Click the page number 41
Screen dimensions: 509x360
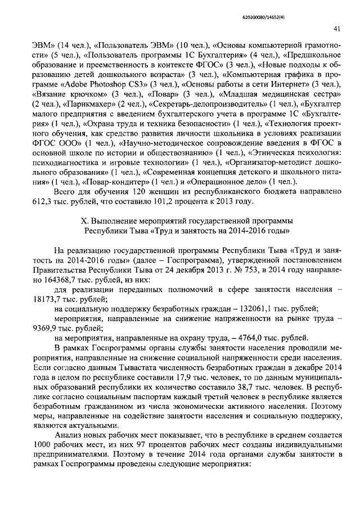coord(336,28)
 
